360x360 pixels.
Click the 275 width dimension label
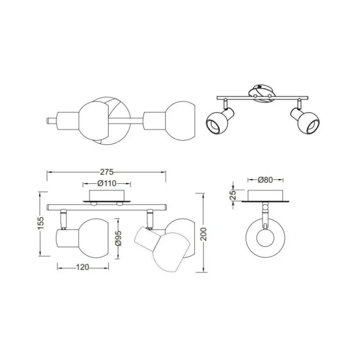107,172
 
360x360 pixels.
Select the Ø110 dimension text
107,183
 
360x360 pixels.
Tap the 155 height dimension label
40,223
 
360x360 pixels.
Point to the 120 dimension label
82,267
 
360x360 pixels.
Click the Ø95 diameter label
118,238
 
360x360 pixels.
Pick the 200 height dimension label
203,234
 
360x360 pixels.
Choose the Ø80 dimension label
265,180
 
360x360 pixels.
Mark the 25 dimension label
233,195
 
